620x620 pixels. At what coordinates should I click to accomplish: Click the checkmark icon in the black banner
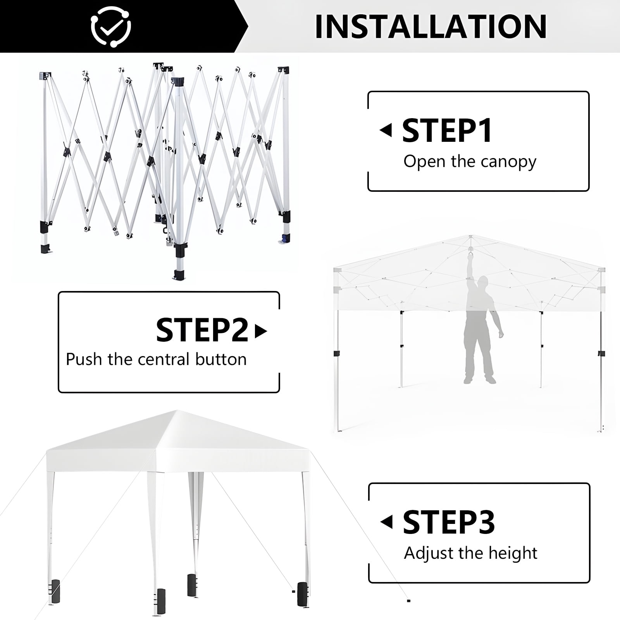coord(111,26)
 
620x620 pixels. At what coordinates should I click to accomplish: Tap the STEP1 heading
coord(448,131)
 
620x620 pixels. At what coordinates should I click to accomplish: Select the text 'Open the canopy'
coord(470,162)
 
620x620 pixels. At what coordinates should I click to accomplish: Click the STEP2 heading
coord(202,330)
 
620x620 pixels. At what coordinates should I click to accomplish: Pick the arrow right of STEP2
coord(261,331)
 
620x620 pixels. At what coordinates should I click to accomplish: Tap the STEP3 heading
coord(449,522)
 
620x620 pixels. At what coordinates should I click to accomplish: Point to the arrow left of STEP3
coord(386,522)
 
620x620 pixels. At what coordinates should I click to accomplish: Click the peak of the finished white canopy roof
coord(177,411)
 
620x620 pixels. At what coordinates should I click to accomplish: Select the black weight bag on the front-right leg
coord(302,595)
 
